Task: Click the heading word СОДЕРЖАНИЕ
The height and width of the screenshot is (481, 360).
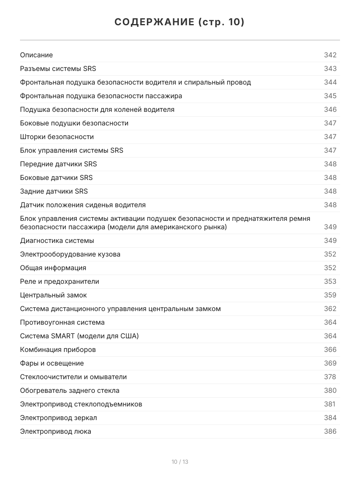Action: click(154, 22)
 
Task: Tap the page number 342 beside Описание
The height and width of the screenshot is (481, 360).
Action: click(330, 55)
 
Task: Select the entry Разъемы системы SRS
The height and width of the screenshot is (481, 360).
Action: click(58, 69)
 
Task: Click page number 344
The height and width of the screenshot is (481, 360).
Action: click(330, 82)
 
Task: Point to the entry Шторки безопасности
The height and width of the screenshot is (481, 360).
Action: click(57, 137)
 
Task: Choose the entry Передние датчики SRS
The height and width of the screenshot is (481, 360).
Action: click(58, 164)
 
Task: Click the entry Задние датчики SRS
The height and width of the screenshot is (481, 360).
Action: click(54, 191)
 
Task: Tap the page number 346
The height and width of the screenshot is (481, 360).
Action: click(330, 109)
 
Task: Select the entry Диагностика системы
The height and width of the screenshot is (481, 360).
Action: click(57, 240)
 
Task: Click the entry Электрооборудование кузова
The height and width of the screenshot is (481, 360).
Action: click(70, 254)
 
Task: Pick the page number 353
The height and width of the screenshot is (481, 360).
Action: click(330, 281)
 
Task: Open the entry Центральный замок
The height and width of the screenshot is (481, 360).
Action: click(53, 295)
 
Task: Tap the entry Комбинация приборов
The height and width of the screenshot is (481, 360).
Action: click(58, 350)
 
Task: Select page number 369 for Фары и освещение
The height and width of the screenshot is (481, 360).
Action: click(330, 363)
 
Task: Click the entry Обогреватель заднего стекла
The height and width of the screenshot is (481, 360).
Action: click(70, 390)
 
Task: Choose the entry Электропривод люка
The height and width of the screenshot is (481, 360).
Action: click(56, 431)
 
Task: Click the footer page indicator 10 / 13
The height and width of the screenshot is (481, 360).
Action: click(180, 462)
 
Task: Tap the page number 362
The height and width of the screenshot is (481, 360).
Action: click(330, 309)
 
